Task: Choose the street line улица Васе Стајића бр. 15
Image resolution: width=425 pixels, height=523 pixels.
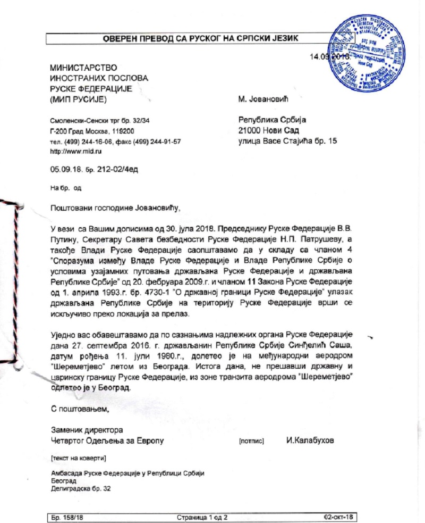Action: coord(287,141)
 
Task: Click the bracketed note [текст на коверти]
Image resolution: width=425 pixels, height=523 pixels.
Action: coord(78,458)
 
